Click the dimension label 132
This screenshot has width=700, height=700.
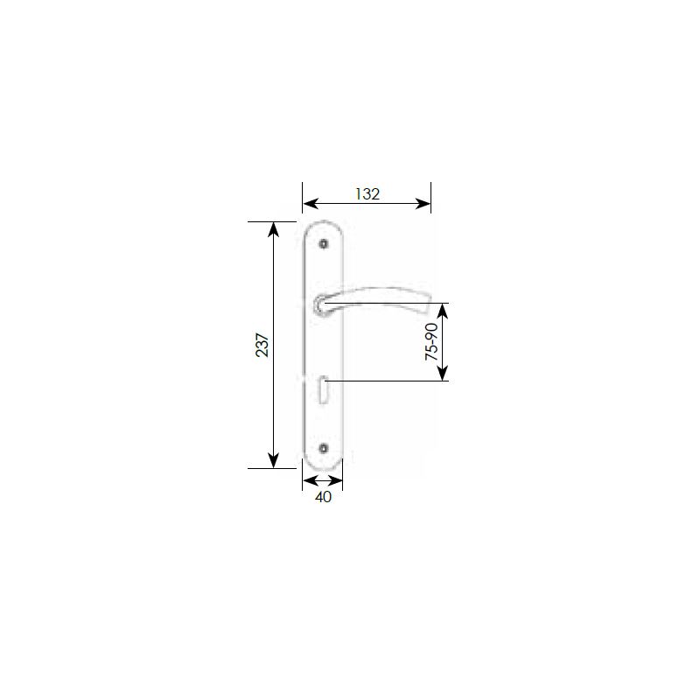tap(367, 193)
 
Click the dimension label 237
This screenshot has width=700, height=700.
tap(262, 345)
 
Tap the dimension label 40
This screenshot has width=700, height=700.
tap(323, 497)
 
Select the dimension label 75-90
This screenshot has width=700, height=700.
tap(431, 341)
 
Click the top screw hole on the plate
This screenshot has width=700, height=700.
tap(324, 244)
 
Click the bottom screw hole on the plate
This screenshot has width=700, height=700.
tap(324, 447)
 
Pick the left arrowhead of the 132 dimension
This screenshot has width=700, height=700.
tap(310, 204)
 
